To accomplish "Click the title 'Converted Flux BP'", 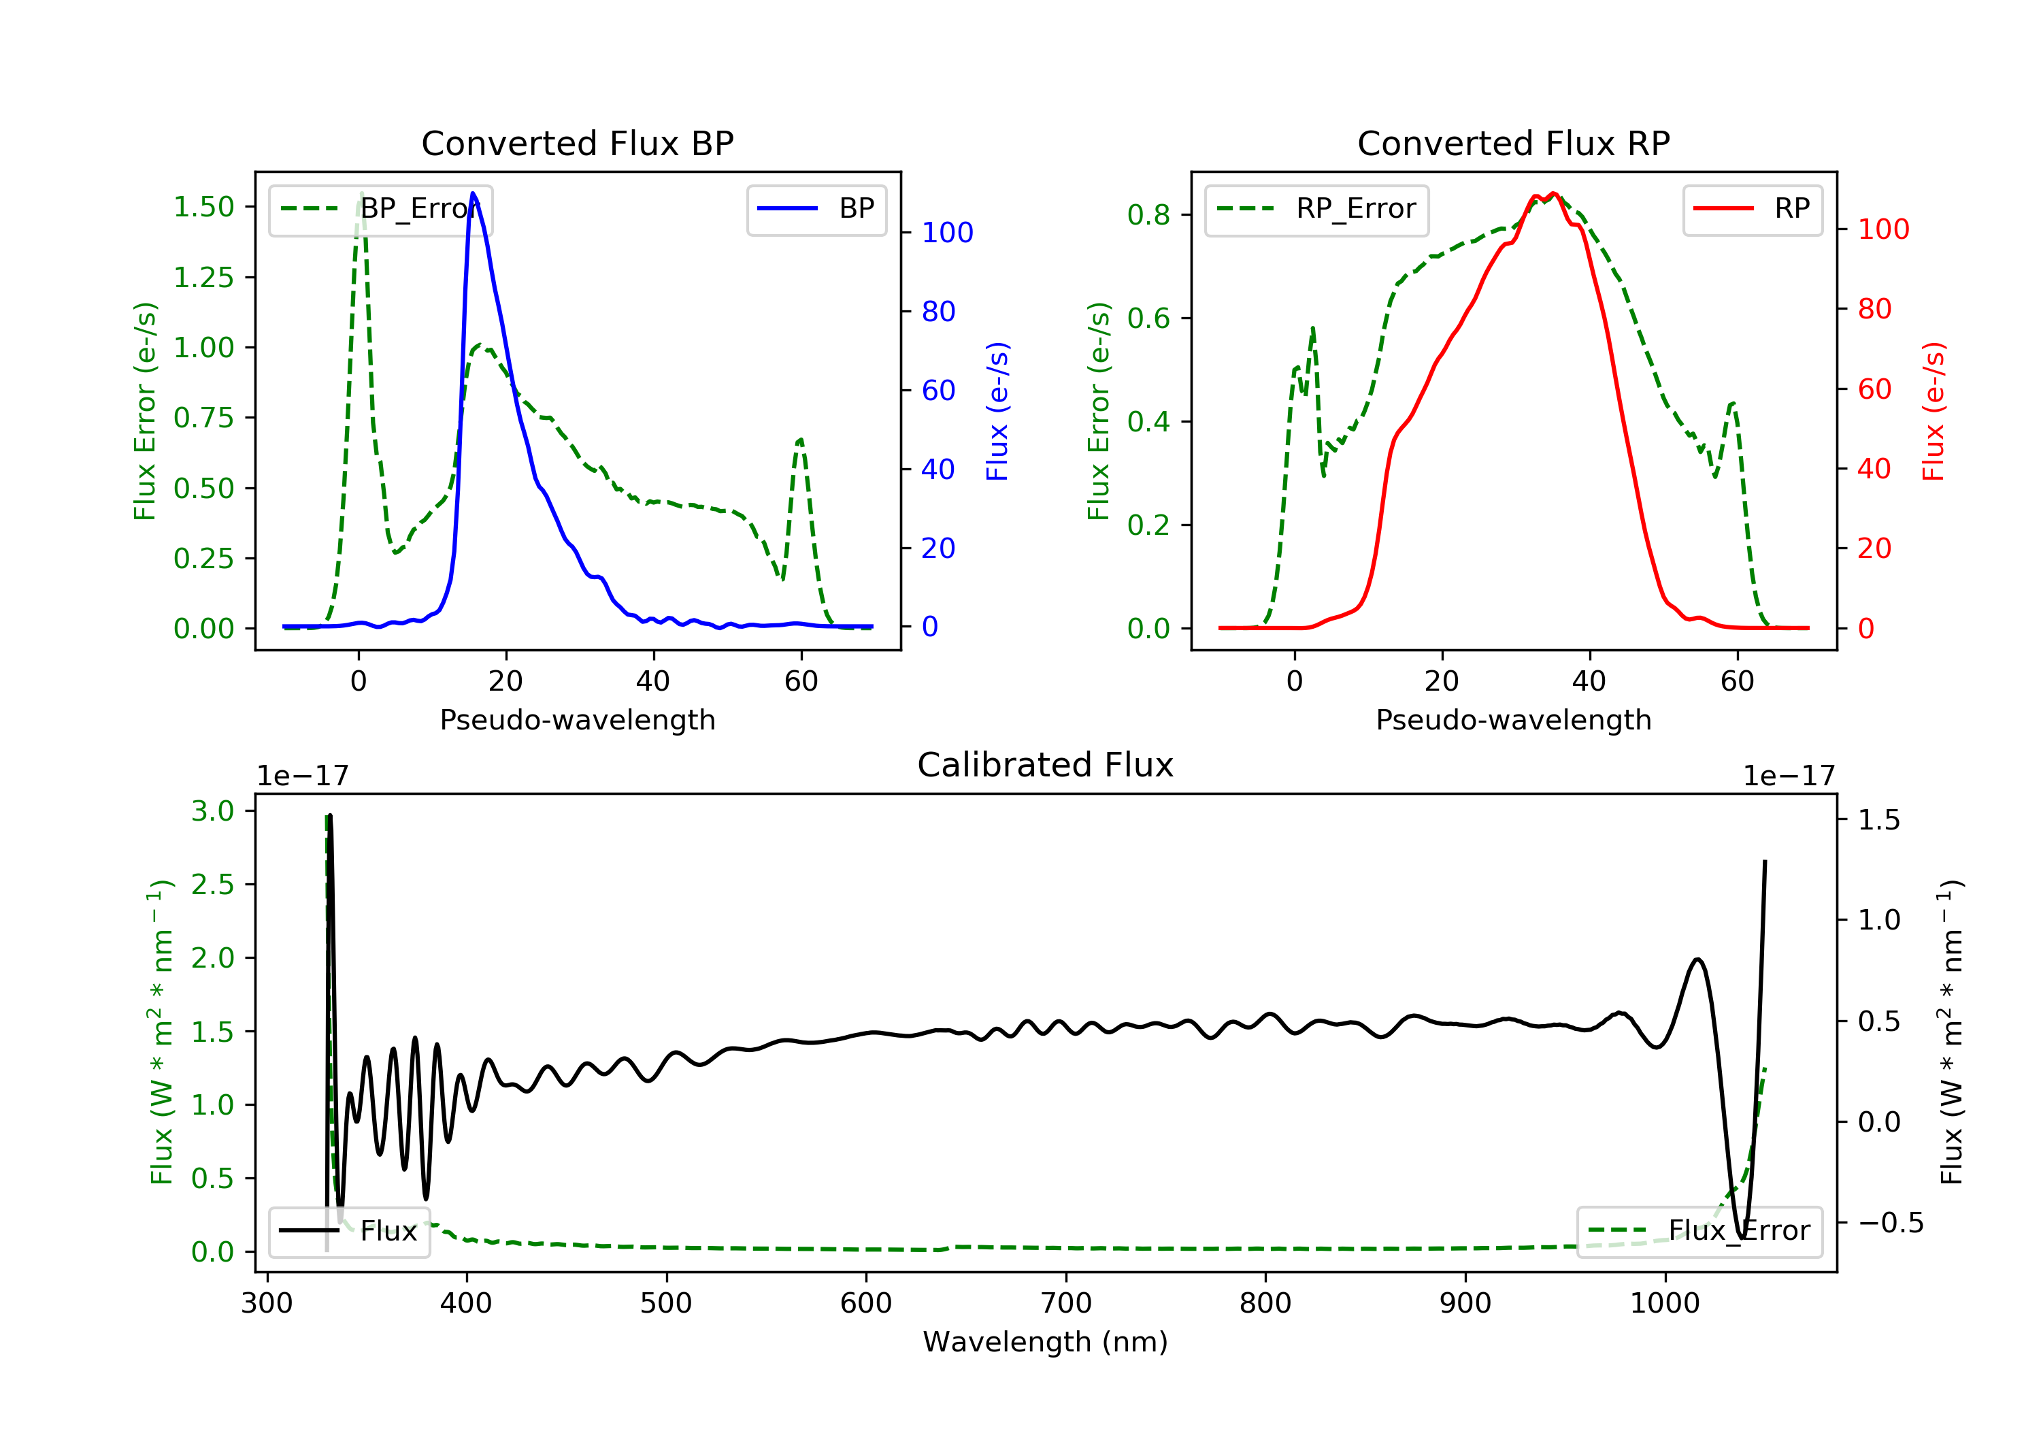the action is (577, 143).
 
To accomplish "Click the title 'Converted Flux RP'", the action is (1513, 143).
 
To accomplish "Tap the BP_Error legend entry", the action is (380, 210).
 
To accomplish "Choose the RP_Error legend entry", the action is (1316, 210).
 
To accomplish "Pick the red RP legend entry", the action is (1752, 210).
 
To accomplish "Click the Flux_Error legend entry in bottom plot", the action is (1699, 1231).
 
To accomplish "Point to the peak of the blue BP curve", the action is (473, 193).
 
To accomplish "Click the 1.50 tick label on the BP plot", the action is (203, 207).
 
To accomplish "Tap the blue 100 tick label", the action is (947, 233).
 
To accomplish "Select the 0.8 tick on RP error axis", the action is (1148, 214).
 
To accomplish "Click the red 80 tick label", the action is (1874, 310).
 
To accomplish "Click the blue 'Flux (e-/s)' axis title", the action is (997, 412).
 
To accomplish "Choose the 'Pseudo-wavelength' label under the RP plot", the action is (1513, 719).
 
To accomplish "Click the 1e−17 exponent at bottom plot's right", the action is (1789, 776).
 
